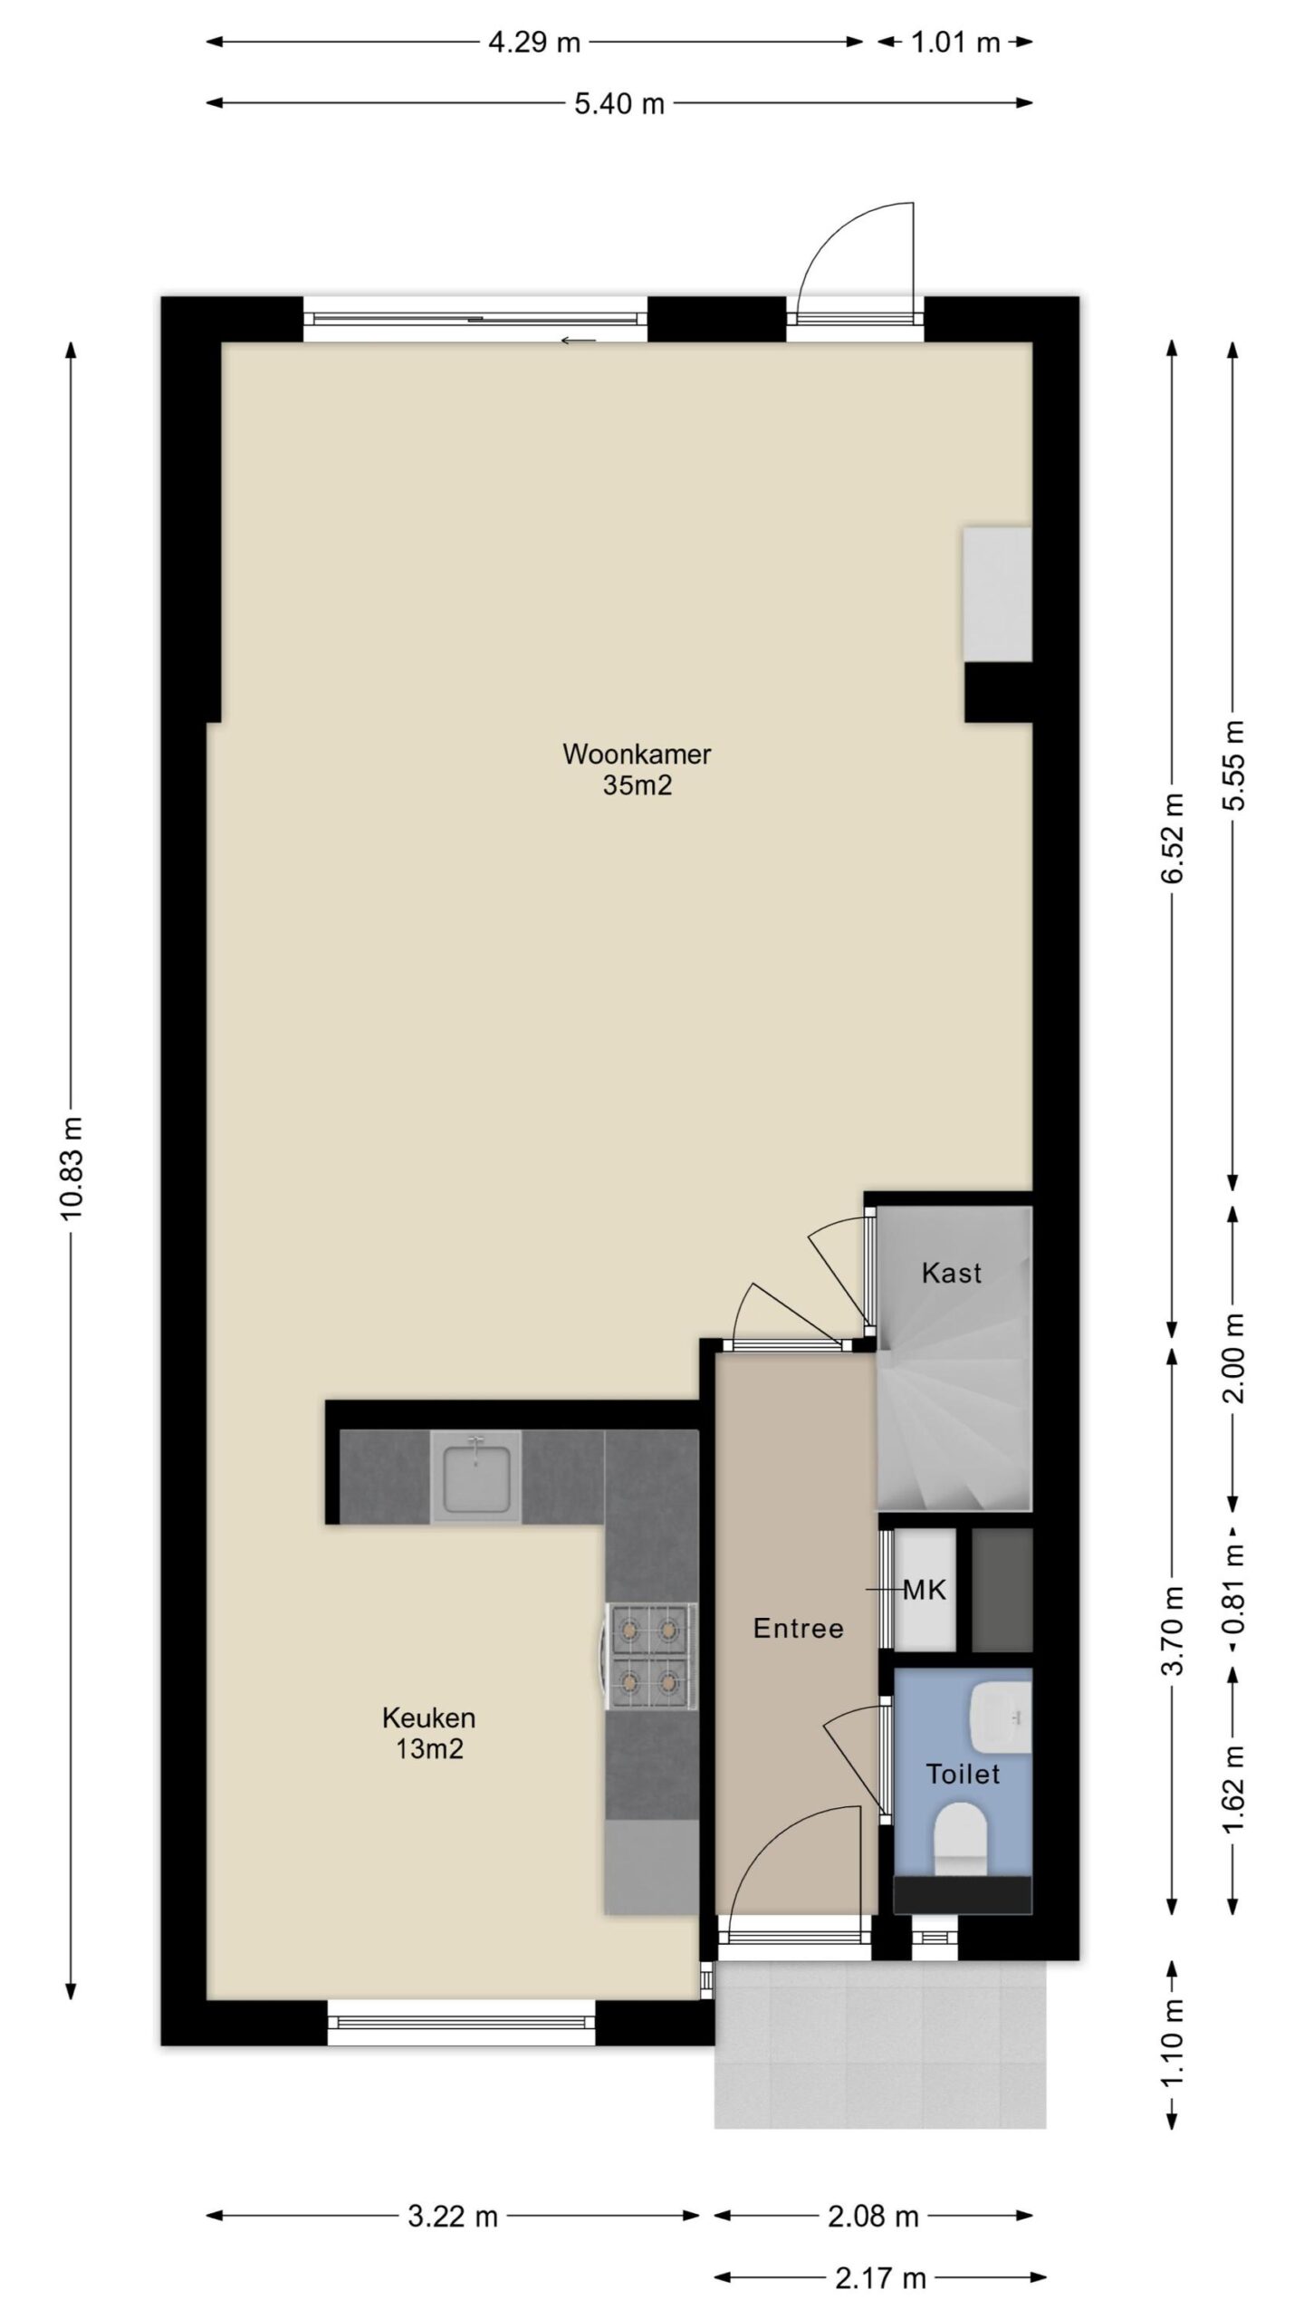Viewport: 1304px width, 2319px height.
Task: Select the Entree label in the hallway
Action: pyautogui.click(x=798, y=1630)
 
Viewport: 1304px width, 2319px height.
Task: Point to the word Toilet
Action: pyautogui.click(x=963, y=1774)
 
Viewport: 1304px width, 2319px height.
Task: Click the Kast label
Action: pyautogui.click(x=951, y=1273)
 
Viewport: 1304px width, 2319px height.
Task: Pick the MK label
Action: pyautogui.click(x=925, y=1589)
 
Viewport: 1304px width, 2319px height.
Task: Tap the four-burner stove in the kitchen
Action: pyautogui.click(x=650, y=1657)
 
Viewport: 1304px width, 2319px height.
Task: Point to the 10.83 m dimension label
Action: pyautogui.click(x=72, y=1169)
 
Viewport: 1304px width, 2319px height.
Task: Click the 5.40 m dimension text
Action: pyautogui.click(x=619, y=103)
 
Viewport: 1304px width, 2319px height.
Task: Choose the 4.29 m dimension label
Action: pyautogui.click(x=534, y=42)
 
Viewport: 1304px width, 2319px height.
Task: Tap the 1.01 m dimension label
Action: pyautogui.click(x=955, y=42)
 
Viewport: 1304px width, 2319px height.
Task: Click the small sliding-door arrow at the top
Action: pyautogui.click(x=579, y=341)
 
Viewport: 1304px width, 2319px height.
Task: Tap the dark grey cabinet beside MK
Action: pyautogui.click(x=1002, y=1590)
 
